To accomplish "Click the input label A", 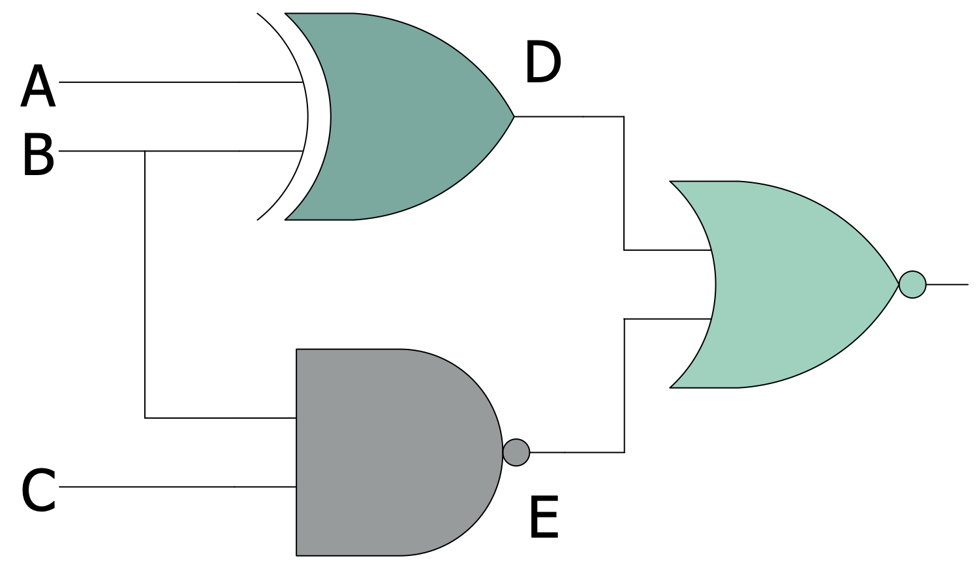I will tap(38, 87).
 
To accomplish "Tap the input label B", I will tap(38, 154).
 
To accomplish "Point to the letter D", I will tap(542, 63).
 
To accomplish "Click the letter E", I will tap(544, 517).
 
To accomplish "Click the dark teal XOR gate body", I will tap(405, 116).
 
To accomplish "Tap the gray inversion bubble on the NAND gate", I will tap(516, 452).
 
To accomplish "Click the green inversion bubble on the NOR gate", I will tap(912, 284).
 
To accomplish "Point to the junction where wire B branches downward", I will tap(145, 151).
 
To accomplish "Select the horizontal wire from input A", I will tap(176, 82).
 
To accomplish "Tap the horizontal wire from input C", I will tap(176, 487).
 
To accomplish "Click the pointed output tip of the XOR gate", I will tap(512, 116).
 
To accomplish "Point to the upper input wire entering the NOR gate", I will tap(666, 250).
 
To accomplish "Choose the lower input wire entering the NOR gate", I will tap(666, 319).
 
